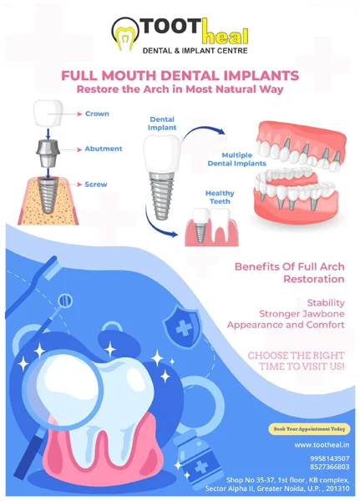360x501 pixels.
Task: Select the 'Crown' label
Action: click(x=97, y=114)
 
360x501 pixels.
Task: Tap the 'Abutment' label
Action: click(x=104, y=149)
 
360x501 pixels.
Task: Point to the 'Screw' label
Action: click(x=96, y=185)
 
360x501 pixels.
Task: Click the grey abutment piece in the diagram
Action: click(x=48, y=154)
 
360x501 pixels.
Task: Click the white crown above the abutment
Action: click(x=48, y=114)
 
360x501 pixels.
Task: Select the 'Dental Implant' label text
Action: click(x=162, y=124)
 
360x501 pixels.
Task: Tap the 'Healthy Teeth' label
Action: click(x=220, y=197)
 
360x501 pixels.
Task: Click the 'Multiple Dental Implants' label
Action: click(x=237, y=159)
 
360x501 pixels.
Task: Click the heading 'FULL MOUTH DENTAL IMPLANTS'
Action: click(x=180, y=76)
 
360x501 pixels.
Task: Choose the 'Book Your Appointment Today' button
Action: click(x=309, y=429)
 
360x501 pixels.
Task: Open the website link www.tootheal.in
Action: click(x=322, y=445)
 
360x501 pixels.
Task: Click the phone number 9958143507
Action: click(x=330, y=458)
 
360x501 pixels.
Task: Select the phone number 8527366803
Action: click(x=330, y=467)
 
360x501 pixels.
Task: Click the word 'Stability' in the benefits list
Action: click(x=326, y=302)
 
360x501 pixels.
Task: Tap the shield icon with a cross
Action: click(x=182, y=326)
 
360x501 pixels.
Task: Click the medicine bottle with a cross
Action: click(x=198, y=461)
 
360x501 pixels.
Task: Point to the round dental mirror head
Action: click(x=65, y=301)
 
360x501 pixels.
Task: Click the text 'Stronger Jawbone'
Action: click(x=302, y=314)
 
